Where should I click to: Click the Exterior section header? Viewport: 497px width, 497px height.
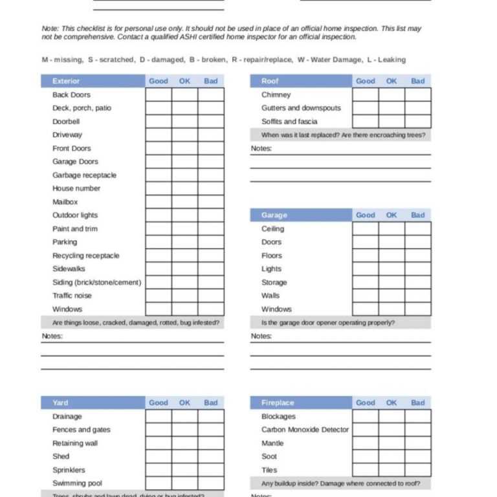pyautogui.click(x=66, y=81)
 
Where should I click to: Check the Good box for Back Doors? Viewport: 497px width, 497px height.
pyautogui.click(x=159, y=94)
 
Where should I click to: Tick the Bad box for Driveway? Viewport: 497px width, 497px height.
pyautogui.click(x=211, y=135)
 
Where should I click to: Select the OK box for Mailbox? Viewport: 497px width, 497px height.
pyautogui.click(x=184, y=202)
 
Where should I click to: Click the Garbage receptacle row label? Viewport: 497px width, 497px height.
pyautogui.click(x=84, y=175)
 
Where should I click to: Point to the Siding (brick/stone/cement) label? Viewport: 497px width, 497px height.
pyautogui.click(x=96, y=282)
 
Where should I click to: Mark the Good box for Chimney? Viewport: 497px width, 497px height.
pyautogui.click(x=366, y=94)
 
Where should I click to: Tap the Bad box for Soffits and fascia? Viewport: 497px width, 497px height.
pyautogui.click(x=418, y=122)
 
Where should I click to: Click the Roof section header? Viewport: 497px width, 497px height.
pyautogui.click(x=270, y=81)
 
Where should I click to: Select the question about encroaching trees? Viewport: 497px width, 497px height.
pyautogui.click(x=343, y=135)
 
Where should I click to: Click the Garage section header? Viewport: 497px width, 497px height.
pyautogui.click(x=274, y=215)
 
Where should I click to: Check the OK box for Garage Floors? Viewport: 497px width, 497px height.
pyautogui.click(x=392, y=256)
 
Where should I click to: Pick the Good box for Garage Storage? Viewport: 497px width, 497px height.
pyautogui.click(x=366, y=282)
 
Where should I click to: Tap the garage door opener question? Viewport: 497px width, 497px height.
pyautogui.click(x=327, y=322)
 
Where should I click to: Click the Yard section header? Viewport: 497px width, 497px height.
pyautogui.click(x=60, y=403)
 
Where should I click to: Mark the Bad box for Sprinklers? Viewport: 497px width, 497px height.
pyautogui.click(x=211, y=470)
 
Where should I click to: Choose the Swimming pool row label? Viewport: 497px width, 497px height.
pyautogui.click(x=77, y=483)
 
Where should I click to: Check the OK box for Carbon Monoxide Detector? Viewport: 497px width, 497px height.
pyautogui.click(x=392, y=430)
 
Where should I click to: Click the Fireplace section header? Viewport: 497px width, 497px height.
pyautogui.click(x=278, y=403)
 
